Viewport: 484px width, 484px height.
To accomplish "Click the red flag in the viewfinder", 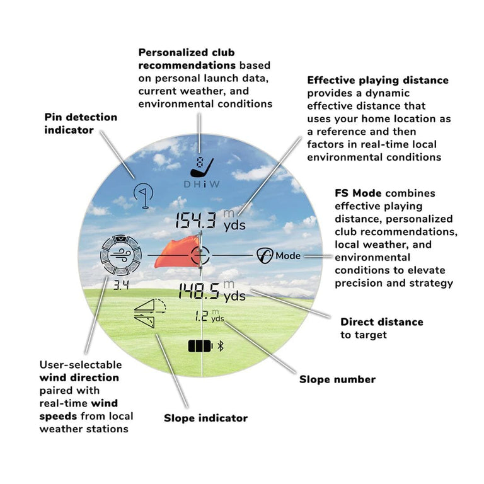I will tap(176, 253).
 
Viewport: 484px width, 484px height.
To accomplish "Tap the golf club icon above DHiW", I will tap(202, 166).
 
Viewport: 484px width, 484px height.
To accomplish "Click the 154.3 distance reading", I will tap(196, 221).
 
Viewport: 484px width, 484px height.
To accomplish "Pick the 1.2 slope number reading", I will tap(201, 316).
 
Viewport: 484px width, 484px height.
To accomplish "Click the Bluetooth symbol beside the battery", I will tap(221, 346).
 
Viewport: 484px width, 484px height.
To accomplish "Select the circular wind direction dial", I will tap(120, 256).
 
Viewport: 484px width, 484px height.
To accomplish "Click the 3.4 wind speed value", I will tap(120, 285).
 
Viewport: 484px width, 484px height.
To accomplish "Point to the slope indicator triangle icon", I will tap(149, 312).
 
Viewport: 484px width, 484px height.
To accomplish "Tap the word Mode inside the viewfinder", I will tap(288, 256).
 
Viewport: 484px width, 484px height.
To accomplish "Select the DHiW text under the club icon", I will tap(201, 184).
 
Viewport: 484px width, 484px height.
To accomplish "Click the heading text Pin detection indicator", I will tap(81, 124).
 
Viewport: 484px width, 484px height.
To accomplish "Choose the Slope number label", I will tap(337, 379).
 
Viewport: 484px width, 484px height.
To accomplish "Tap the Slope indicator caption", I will tap(205, 418).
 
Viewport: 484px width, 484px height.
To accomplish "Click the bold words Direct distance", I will tap(382, 322).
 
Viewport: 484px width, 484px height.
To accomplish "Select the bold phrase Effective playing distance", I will tap(377, 80).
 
